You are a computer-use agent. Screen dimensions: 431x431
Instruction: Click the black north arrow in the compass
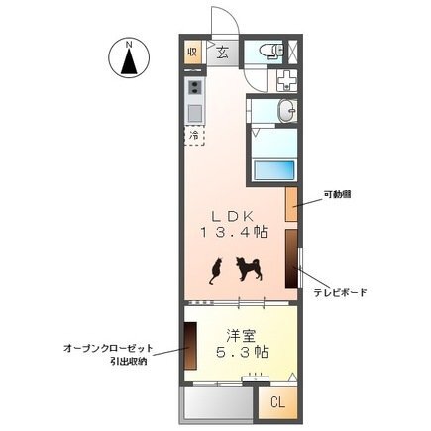pyautogui.click(x=129, y=60)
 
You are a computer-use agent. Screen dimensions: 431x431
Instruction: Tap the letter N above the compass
pyautogui.click(x=129, y=44)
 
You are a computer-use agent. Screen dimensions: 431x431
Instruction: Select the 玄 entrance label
pyautogui.click(x=223, y=53)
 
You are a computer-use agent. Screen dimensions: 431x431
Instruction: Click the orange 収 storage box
pyautogui.click(x=192, y=53)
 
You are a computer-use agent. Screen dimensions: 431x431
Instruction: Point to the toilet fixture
pyautogui.click(x=271, y=52)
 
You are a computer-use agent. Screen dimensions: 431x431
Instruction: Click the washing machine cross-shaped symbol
pyautogui.click(x=287, y=81)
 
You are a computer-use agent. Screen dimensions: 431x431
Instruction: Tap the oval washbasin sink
pyautogui.click(x=287, y=111)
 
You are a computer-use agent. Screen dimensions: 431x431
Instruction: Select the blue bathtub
pyautogui.click(x=273, y=169)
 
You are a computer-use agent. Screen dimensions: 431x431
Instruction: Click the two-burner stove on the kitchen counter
pyautogui.click(x=194, y=87)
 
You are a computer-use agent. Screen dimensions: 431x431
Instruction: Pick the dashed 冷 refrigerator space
pyautogui.click(x=194, y=136)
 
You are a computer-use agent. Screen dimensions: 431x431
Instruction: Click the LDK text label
pyautogui.click(x=233, y=216)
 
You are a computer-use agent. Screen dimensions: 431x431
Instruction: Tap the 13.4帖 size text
pyautogui.click(x=234, y=232)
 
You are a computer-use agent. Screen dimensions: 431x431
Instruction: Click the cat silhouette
pyautogui.click(x=215, y=270)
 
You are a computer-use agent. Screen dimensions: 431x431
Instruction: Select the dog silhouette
pyautogui.click(x=249, y=269)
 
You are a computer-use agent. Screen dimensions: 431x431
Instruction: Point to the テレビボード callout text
pyautogui.click(x=340, y=292)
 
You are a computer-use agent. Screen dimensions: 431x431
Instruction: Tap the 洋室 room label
pyautogui.click(x=241, y=336)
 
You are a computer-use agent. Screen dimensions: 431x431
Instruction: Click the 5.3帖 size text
pyautogui.click(x=242, y=352)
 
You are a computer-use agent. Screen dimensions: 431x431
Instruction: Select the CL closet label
pyautogui.click(x=277, y=402)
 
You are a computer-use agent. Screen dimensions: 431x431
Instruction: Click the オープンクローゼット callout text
pyautogui.click(x=108, y=348)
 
